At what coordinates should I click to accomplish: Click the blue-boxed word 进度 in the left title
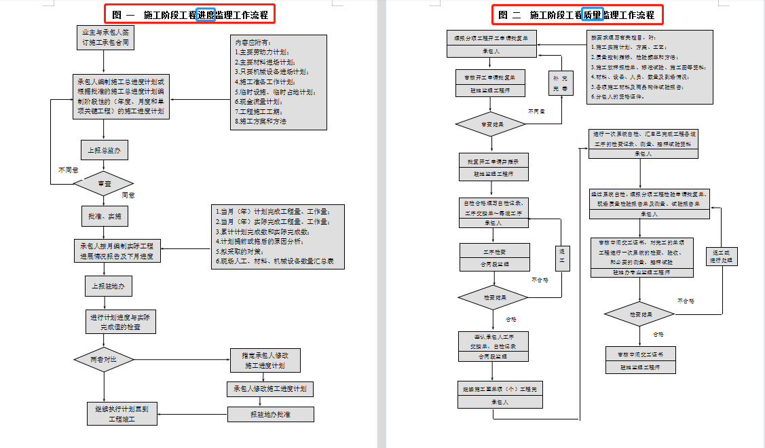click(x=206, y=14)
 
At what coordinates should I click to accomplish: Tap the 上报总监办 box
click(x=104, y=151)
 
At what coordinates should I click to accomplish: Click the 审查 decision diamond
click(x=104, y=183)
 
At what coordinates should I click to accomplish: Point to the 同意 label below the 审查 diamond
click(x=128, y=195)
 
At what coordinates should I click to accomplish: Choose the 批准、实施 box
click(x=104, y=217)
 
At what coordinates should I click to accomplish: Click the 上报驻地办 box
click(x=108, y=286)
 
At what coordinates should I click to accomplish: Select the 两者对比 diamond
click(x=104, y=360)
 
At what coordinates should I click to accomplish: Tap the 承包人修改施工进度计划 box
click(x=269, y=389)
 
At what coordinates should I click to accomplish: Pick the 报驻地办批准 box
click(x=270, y=414)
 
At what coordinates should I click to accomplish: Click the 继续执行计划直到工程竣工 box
click(x=122, y=413)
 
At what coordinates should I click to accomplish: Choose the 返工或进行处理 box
click(x=724, y=256)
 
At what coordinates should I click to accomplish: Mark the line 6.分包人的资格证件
click(x=624, y=96)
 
